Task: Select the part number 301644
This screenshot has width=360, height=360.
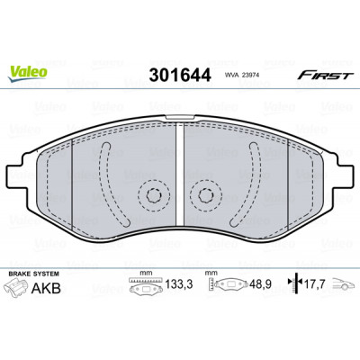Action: coord(180,75)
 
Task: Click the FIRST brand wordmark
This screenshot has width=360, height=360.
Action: coord(325,75)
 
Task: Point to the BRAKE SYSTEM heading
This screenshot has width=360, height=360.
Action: coord(33,274)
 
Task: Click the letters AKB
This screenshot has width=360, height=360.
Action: coord(46,289)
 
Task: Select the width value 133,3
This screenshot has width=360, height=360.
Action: coord(179,283)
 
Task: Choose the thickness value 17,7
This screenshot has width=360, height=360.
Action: coord(314,283)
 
